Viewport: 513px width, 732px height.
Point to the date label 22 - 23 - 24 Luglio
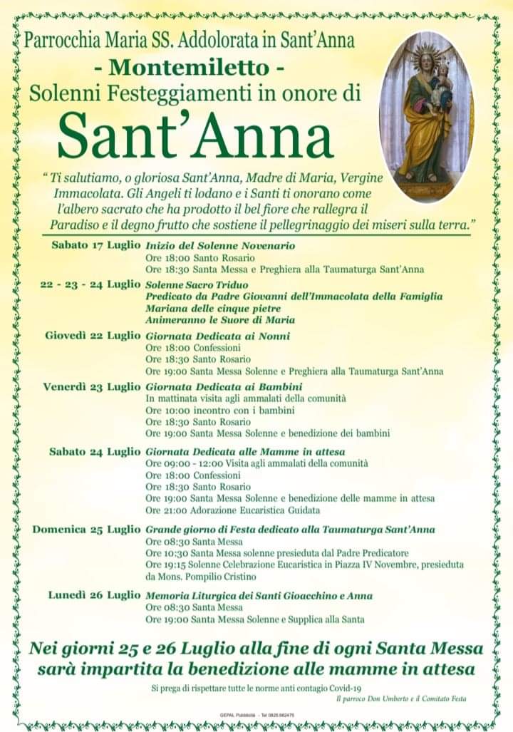90,284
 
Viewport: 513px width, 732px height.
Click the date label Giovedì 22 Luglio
93,336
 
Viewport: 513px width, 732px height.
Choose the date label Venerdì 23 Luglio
92,387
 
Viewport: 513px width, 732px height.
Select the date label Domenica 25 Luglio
87,530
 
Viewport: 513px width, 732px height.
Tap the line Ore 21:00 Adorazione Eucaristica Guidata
232,510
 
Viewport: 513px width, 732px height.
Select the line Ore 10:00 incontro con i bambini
220,410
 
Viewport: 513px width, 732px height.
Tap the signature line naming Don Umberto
401,699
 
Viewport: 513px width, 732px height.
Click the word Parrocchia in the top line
58,41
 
